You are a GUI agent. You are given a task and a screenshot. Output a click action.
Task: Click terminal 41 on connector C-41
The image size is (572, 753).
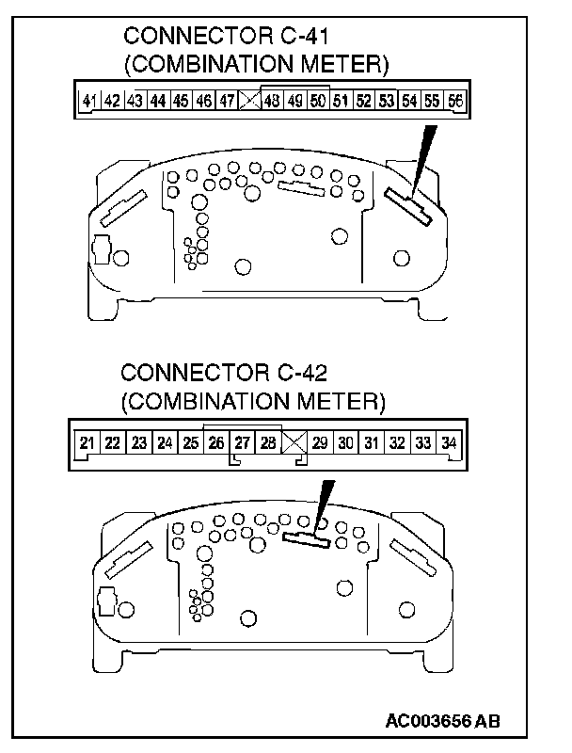pos(89,100)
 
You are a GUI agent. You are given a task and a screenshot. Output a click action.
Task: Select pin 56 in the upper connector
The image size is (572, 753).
pos(455,100)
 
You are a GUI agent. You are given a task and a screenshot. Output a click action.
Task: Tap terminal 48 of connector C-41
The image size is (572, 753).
pos(272,100)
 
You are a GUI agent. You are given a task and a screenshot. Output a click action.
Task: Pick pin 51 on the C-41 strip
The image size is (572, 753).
pos(341,100)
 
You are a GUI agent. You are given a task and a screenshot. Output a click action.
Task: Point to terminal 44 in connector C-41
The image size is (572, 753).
pos(158,100)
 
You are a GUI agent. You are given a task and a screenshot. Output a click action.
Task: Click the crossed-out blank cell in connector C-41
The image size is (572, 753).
pos(249,100)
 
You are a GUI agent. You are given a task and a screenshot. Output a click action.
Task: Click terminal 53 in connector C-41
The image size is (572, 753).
pos(387,100)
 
